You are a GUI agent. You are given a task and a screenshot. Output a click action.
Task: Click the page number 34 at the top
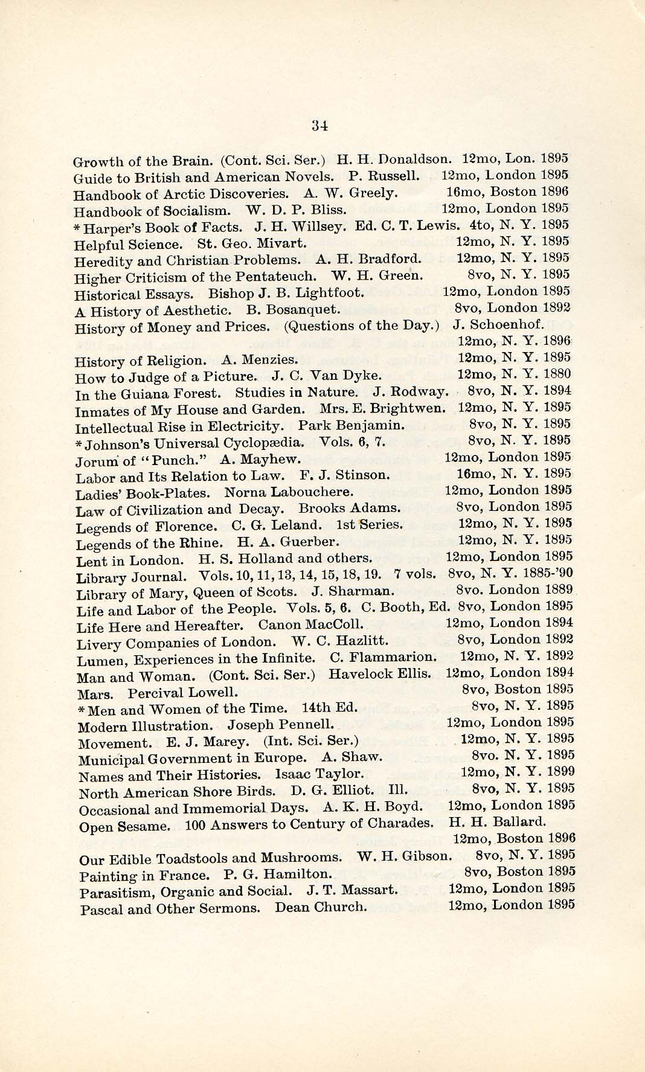[x=319, y=126]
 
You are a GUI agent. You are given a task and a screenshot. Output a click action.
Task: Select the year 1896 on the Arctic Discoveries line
[x=555, y=191]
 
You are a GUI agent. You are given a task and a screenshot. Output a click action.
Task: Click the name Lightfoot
[x=332, y=293]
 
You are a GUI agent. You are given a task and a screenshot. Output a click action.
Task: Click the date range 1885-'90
[x=548, y=573]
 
